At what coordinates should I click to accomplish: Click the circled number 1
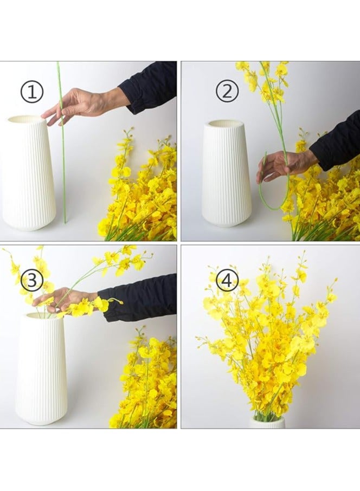[x=32, y=92]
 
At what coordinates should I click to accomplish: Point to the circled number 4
[x=227, y=280]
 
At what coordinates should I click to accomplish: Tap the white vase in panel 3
[x=41, y=369]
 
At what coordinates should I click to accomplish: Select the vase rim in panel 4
[x=267, y=422]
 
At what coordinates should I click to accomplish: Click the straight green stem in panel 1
[x=62, y=143]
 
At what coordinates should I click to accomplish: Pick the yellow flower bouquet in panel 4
[x=266, y=335]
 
